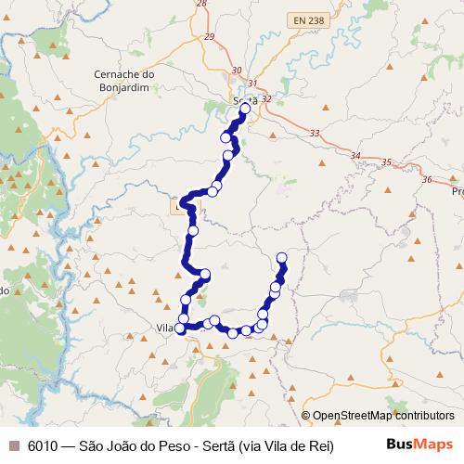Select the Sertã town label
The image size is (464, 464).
pos(245,100)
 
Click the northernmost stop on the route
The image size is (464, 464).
pos(245,109)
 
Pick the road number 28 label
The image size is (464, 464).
pos(201,4)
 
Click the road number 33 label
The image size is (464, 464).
pos(315,134)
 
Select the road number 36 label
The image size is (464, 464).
pos(426,179)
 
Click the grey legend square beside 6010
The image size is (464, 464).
pos(13,445)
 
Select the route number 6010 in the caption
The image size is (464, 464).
pos(43,445)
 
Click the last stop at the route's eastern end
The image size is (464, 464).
pos(282,257)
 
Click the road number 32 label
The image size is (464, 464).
pos(266,98)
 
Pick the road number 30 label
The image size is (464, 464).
pos(238,71)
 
